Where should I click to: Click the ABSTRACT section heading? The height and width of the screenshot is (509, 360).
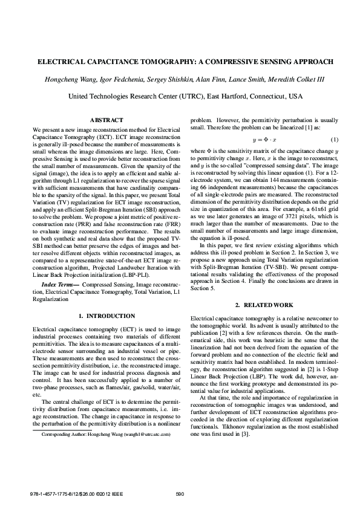click(106, 121)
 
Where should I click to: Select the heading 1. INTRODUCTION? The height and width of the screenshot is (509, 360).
click(106, 316)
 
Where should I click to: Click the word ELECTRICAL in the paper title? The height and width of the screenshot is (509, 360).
click(64, 62)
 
